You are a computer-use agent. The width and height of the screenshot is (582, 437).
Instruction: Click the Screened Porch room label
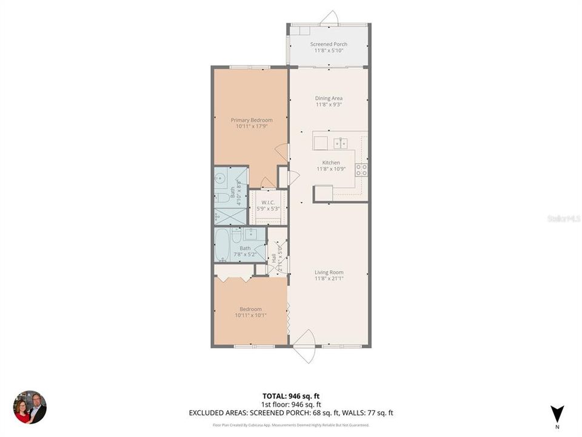[329, 44]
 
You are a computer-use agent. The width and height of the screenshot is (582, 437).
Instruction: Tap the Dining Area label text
[329, 98]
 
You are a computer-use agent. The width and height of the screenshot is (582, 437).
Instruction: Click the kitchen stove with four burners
[361, 170]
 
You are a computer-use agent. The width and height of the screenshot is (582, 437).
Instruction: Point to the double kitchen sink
[339, 143]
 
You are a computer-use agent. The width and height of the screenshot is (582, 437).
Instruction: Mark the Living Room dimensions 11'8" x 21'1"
[329, 279]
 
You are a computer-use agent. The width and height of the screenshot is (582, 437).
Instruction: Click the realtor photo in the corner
[30, 407]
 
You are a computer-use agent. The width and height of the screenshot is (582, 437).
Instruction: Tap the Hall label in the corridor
[274, 257]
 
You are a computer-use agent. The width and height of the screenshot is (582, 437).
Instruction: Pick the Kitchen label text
[331, 163]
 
